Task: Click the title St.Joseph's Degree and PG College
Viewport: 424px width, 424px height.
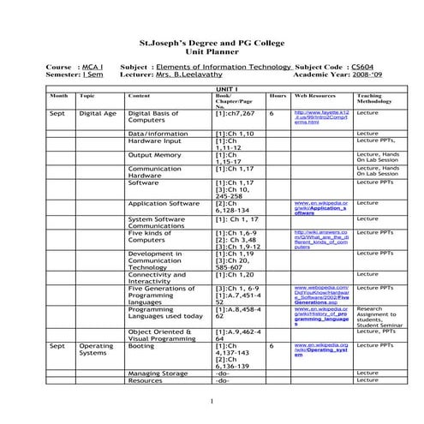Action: click(x=211, y=41)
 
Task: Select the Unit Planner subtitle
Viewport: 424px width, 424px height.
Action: click(x=211, y=51)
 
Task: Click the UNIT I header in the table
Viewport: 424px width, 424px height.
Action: click(x=224, y=88)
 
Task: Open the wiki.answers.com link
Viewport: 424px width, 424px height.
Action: click(x=320, y=239)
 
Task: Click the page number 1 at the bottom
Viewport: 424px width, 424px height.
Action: click(x=211, y=402)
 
